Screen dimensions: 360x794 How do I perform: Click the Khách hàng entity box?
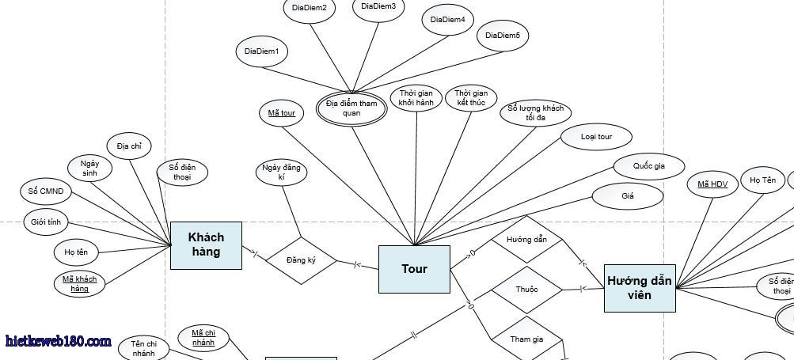click(x=206, y=245)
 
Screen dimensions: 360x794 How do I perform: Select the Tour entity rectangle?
click(x=414, y=269)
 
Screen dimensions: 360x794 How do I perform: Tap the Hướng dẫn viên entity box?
click(x=640, y=287)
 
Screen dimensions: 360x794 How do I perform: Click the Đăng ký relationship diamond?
click(x=301, y=260)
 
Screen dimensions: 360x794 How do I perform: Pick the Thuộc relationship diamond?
click(x=526, y=290)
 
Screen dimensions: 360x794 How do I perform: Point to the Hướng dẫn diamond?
click(x=526, y=239)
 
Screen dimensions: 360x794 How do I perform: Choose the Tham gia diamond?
click(x=526, y=339)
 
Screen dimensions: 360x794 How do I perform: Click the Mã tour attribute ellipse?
click(x=281, y=113)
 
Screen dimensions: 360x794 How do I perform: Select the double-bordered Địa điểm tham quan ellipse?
click(x=351, y=108)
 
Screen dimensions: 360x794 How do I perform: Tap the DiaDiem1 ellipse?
click(x=262, y=51)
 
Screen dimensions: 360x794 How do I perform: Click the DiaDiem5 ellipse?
click(x=503, y=36)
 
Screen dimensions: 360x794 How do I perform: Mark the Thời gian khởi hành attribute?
click(x=416, y=98)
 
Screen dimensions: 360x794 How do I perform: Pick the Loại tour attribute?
click(x=596, y=137)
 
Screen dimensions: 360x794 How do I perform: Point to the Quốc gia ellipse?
click(x=648, y=166)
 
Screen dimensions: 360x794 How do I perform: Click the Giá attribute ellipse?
click(x=628, y=195)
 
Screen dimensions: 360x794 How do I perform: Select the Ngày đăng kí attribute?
click(x=281, y=172)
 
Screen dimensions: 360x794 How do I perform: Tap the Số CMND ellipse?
click(x=46, y=191)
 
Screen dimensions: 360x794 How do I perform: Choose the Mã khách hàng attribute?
click(x=80, y=283)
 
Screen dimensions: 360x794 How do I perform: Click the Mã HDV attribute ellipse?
click(x=712, y=184)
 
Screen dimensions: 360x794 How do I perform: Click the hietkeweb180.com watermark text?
click(x=58, y=341)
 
